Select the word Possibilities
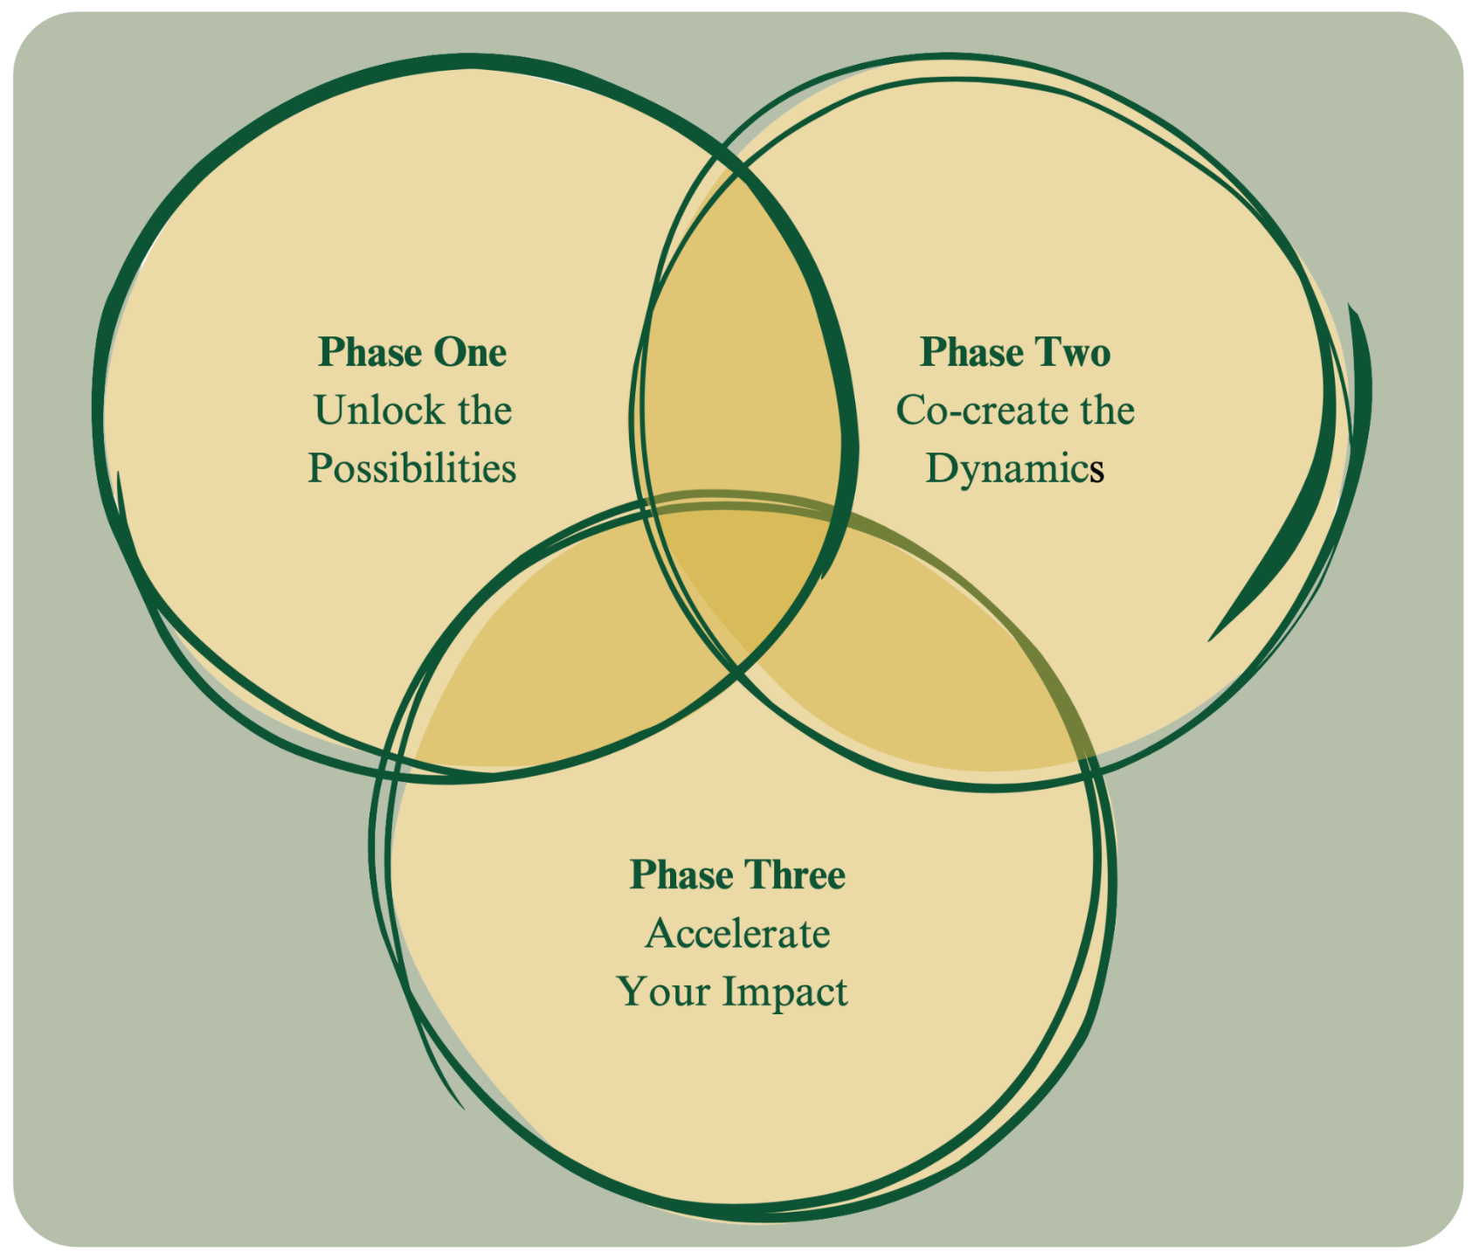(412, 469)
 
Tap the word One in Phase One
(470, 352)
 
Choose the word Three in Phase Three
(795, 875)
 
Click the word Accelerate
(738, 934)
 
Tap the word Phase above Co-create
(972, 352)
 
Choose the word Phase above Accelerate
(681, 875)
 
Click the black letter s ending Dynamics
(1097, 471)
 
